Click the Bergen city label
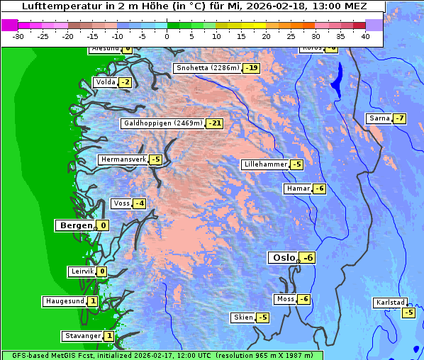pyautogui.click(x=76, y=225)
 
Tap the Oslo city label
pyautogui.click(x=284, y=257)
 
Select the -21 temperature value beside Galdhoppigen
pyautogui.click(x=214, y=123)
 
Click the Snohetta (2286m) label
pyautogui.click(x=208, y=68)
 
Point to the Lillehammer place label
pyautogui.click(x=265, y=164)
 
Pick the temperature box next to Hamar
pyautogui.click(x=320, y=189)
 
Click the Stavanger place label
pyautogui.click(x=82, y=336)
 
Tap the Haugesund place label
pyautogui.click(x=65, y=301)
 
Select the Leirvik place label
pyautogui.click(x=83, y=271)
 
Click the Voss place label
pyautogui.click(x=122, y=203)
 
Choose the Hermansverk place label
pyautogui.click(x=123, y=159)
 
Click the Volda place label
pyautogui.click(x=106, y=82)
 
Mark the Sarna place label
pyautogui.click(x=379, y=118)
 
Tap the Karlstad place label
pyautogui.click(x=391, y=303)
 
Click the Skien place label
pyautogui.click(x=243, y=317)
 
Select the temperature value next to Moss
pyautogui.click(x=303, y=299)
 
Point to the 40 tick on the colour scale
pyautogui.click(x=365, y=36)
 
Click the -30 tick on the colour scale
pyautogui.click(x=18, y=36)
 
